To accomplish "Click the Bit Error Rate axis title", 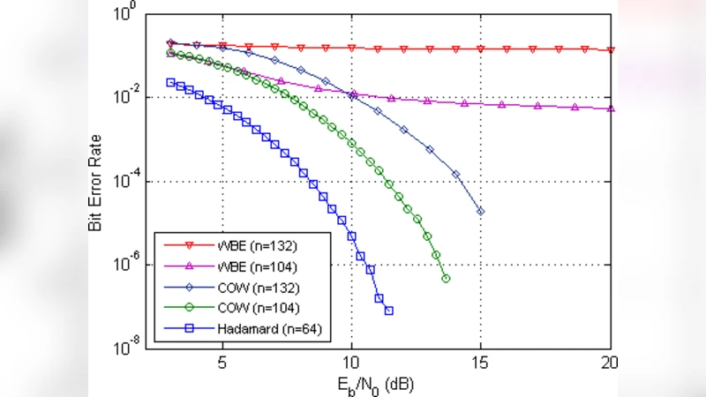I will [96, 183].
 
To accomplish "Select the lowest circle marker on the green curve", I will [446, 279].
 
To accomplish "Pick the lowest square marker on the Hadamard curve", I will [389, 311].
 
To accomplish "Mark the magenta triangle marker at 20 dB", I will [612, 109].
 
